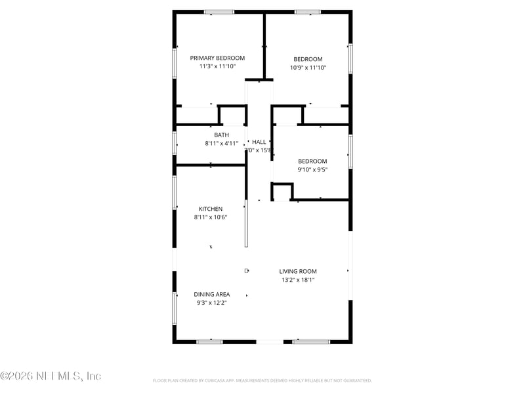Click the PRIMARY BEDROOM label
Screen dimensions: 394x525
[217, 58]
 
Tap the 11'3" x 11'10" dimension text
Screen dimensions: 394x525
[217, 66]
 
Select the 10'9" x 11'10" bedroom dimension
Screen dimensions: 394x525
[308, 67]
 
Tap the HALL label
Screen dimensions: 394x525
[259, 142]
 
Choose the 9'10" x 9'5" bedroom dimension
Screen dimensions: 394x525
[312, 169]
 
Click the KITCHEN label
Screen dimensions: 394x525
[211, 209]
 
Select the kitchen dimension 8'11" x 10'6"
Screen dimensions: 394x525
[211, 217]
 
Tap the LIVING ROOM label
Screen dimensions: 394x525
[298, 271]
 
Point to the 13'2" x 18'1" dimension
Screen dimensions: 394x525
[298, 280]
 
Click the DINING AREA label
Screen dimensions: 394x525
[211, 294]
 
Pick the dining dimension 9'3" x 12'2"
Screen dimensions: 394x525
[211, 303]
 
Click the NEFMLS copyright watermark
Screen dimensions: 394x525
[51, 376]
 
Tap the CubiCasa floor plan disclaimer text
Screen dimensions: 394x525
[262, 380]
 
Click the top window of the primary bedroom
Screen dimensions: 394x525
[219, 12]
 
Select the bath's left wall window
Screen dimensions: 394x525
[175, 142]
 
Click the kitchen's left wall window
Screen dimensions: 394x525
[175, 192]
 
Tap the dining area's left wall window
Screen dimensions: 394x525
[175, 308]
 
